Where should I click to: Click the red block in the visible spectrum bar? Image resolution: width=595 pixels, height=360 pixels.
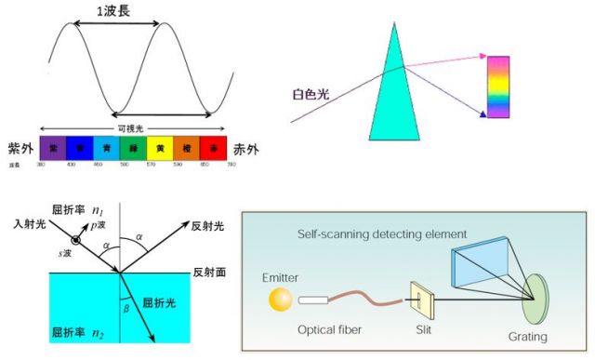pos(215,146)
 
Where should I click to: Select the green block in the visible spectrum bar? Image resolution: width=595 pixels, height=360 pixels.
pos(134,146)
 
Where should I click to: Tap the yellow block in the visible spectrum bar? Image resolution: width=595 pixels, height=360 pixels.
pos(162,146)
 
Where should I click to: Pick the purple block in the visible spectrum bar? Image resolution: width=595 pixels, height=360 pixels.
pos(53,146)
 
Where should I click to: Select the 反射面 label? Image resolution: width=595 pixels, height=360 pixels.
pos(210,273)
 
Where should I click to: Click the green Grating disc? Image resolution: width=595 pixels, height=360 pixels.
pos(535,297)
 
